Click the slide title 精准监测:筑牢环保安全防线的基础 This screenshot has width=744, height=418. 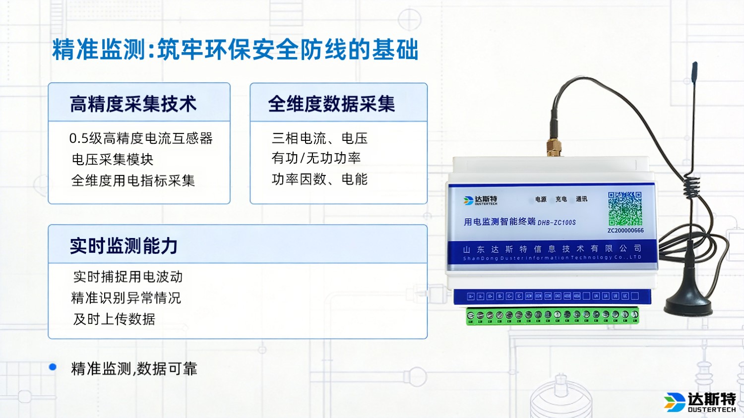tap(235, 50)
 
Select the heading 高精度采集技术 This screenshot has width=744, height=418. tap(133, 104)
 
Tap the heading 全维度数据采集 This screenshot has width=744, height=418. tap(331, 104)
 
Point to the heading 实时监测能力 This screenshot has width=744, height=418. tap(124, 246)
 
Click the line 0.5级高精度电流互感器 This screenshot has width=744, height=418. tap(141, 138)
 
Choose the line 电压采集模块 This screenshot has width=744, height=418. tap(113, 159)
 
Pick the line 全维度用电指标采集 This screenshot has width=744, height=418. tap(133, 180)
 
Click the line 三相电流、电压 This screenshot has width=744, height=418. tap(319, 138)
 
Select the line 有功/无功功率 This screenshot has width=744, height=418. tap(316, 158)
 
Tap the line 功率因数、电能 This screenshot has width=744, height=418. tap(319, 179)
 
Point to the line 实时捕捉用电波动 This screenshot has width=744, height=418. tap(128, 277)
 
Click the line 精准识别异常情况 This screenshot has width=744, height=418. tap(126, 298)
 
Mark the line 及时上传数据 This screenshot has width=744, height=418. tap(114, 319)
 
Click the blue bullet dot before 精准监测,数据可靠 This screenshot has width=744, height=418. tap(53, 367)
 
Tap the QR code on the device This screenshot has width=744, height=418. tap(625, 209)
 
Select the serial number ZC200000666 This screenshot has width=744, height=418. tap(625, 231)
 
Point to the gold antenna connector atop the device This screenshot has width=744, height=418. tap(554, 148)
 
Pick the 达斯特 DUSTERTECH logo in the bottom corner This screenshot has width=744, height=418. tap(700, 402)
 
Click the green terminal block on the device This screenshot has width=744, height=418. tap(552, 316)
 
